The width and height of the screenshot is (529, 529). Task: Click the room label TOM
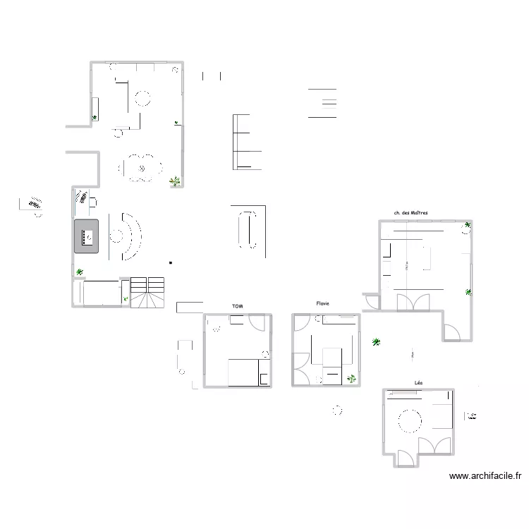pyautogui.click(x=237, y=306)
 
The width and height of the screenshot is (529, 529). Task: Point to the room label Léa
pyautogui.click(x=419, y=383)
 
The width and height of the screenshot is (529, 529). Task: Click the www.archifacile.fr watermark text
pyautogui.click(x=485, y=477)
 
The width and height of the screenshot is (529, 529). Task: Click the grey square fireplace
pyautogui.click(x=87, y=236)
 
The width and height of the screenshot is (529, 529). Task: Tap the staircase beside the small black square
pyautogui.click(x=148, y=293)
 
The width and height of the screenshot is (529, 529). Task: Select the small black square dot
pyautogui.click(x=171, y=263)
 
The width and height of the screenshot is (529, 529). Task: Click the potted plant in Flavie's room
pyautogui.click(x=351, y=379)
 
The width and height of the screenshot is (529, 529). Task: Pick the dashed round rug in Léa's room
pyautogui.click(x=410, y=422)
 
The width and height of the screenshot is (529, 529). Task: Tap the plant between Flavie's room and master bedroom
pyautogui.click(x=376, y=343)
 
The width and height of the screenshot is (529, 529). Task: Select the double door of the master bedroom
pyautogui.click(x=412, y=302)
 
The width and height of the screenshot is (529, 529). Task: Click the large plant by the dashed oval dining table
pyautogui.click(x=174, y=182)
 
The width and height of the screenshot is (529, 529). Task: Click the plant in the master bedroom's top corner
pyautogui.click(x=467, y=226)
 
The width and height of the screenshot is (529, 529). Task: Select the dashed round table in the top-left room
pyautogui.click(x=143, y=98)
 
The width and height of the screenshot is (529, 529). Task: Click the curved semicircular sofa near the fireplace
pyautogui.click(x=131, y=236)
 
